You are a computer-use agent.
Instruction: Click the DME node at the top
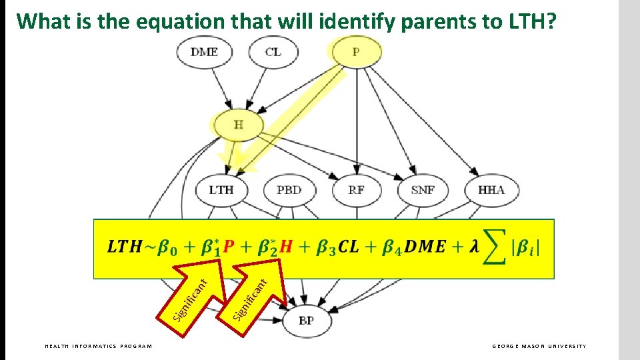(204, 52)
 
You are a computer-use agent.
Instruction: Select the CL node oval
(273, 52)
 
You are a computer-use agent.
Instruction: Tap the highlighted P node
(356, 52)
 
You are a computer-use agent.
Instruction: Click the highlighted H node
(238, 124)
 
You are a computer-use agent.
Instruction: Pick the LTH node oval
(221, 190)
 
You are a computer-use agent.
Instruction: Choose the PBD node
(289, 190)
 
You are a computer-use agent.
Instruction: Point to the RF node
(356, 190)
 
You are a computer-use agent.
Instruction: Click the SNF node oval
(423, 190)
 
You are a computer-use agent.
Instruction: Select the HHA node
(491, 190)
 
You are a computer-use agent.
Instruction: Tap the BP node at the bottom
(306, 321)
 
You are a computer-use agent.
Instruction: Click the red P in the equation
(229, 247)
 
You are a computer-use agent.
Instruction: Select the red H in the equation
(287, 247)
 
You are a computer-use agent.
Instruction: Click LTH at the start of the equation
(125, 247)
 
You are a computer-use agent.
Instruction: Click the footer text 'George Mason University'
(539, 346)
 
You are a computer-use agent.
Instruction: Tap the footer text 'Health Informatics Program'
(98, 346)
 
